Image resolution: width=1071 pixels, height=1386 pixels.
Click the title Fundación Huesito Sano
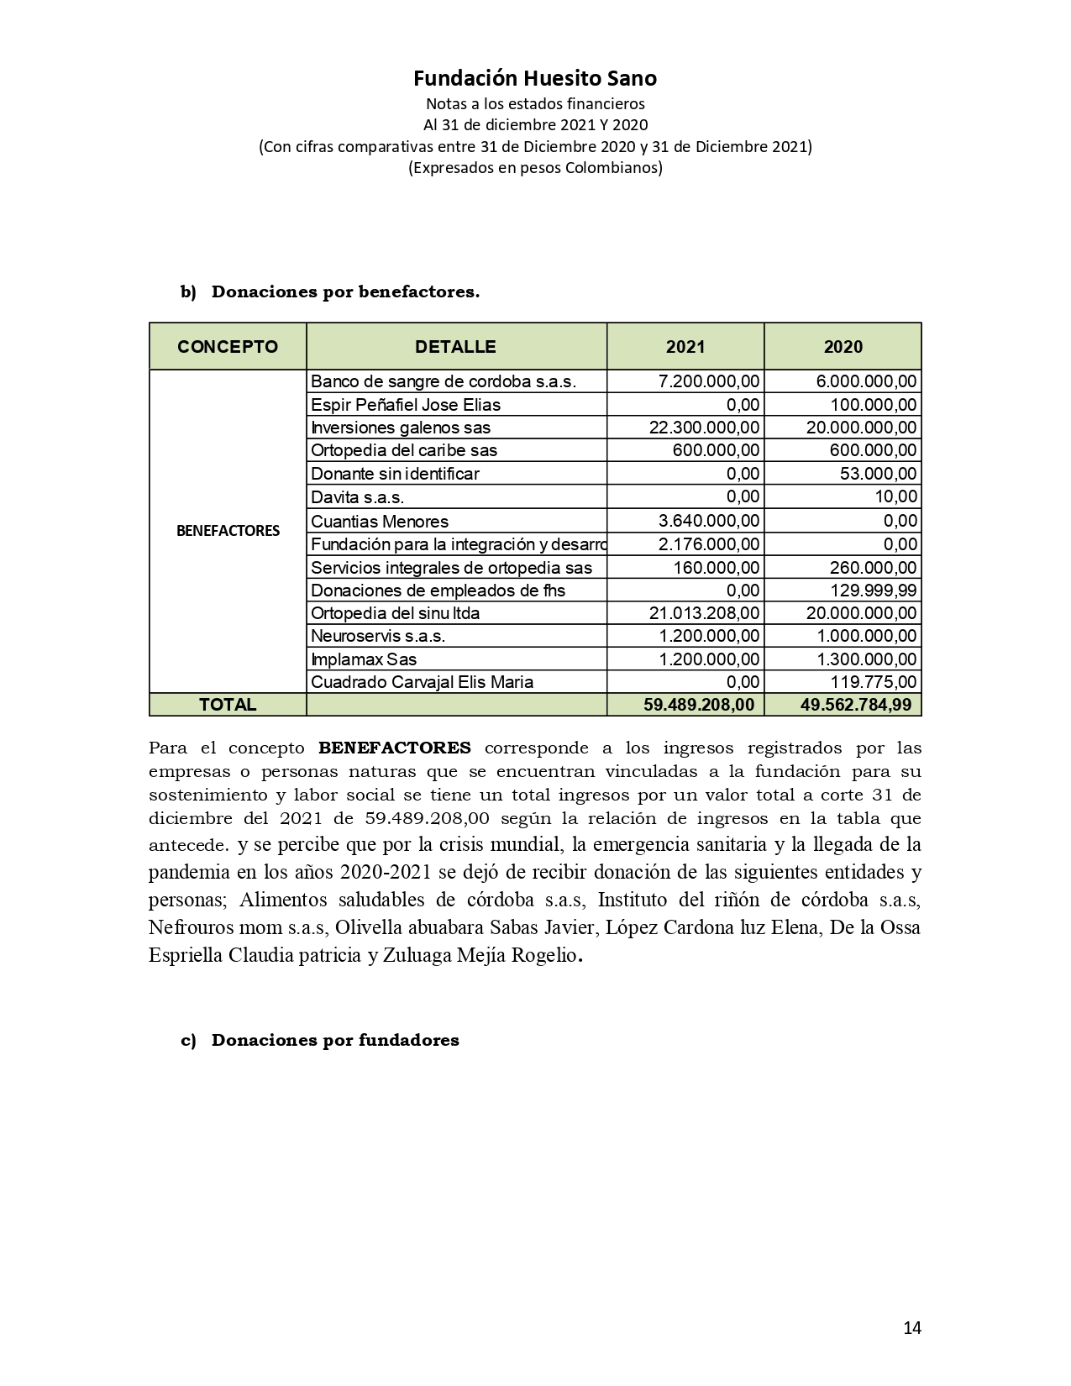tap(535, 78)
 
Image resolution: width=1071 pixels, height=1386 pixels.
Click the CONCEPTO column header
tap(228, 347)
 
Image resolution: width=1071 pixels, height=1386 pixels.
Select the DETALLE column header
tap(455, 347)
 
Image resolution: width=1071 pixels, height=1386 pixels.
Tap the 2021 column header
tap(685, 347)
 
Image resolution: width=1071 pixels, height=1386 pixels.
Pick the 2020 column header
tap(843, 347)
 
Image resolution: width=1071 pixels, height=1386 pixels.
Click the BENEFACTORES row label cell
tap(228, 531)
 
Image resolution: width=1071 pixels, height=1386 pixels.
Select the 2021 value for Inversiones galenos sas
tap(704, 428)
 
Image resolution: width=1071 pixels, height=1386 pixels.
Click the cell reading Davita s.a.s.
tap(358, 496)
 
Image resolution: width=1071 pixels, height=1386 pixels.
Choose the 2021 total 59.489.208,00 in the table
tap(699, 705)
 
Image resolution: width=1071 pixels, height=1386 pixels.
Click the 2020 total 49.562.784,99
tap(856, 705)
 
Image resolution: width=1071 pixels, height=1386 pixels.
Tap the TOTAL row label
tap(228, 705)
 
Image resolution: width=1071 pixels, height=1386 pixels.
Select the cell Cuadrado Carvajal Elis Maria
tap(422, 682)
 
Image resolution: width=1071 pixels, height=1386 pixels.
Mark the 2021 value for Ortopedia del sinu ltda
tap(704, 613)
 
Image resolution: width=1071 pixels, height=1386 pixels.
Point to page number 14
tap(912, 1328)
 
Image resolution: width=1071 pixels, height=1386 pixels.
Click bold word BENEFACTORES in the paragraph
tap(394, 748)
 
